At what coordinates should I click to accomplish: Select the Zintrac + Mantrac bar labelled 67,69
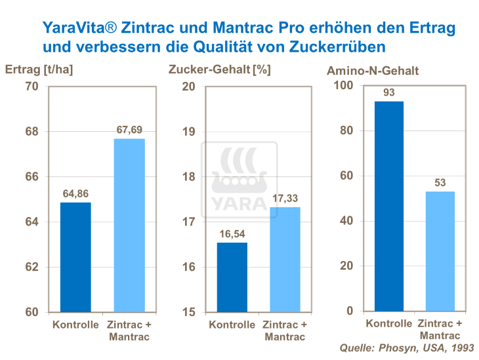129,225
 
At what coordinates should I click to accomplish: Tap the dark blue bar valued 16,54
232,277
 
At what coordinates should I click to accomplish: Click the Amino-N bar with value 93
388,206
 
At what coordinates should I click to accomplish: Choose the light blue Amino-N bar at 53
440,251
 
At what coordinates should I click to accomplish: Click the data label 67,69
129,130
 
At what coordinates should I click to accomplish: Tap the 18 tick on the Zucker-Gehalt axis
188,176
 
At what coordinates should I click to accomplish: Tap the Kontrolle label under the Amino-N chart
388,323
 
